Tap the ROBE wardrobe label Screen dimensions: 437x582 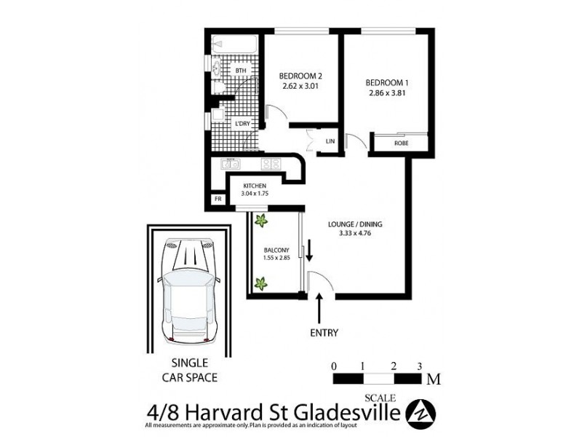click(401, 143)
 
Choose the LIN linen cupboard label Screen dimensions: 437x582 click(330, 141)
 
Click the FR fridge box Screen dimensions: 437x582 click(217, 199)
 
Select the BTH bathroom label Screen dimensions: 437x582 click(240, 71)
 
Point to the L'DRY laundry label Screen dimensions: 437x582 click(242, 125)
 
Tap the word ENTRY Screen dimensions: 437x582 click(323, 333)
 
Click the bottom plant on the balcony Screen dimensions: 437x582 click(260, 284)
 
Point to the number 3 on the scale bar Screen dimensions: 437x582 click(420, 366)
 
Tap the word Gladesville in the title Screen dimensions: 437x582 click(348, 413)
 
